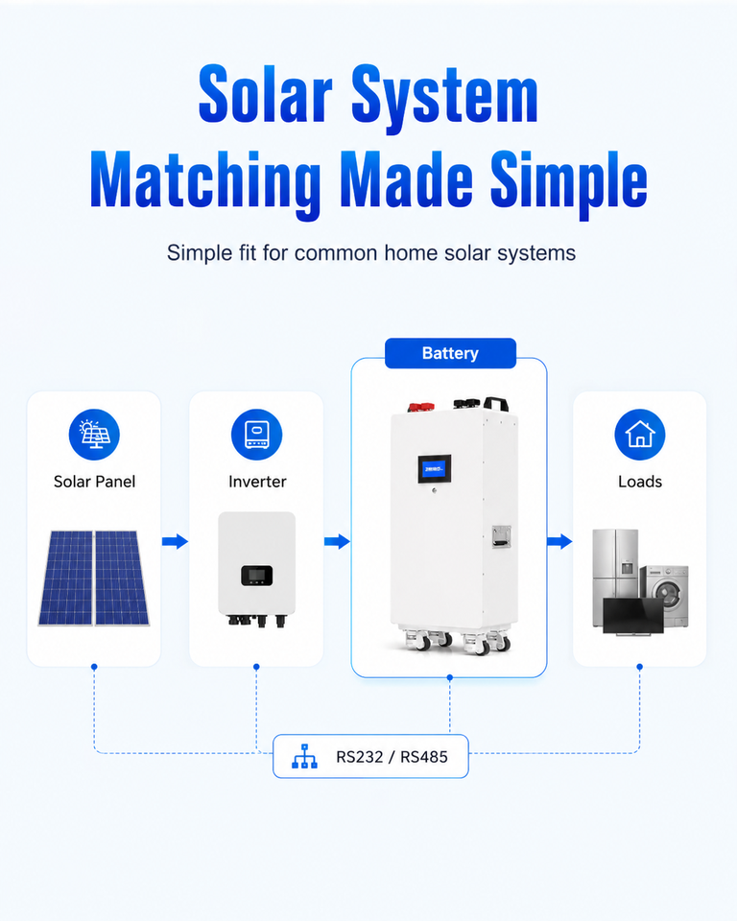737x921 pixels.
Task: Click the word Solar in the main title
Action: pyautogui.click(x=266, y=94)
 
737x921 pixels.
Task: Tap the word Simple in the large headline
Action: pyautogui.click(x=568, y=181)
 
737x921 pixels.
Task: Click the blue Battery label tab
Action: pyautogui.click(x=450, y=353)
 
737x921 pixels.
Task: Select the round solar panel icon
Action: pyautogui.click(x=94, y=435)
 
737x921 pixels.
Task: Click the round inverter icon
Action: pyautogui.click(x=257, y=435)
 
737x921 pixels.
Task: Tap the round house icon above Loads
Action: pyautogui.click(x=640, y=435)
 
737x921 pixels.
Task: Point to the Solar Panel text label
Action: pyautogui.click(x=94, y=482)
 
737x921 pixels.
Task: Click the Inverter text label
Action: pyautogui.click(x=257, y=482)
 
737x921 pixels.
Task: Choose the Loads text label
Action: pyautogui.click(x=640, y=482)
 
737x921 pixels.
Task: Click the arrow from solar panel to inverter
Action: pyautogui.click(x=176, y=541)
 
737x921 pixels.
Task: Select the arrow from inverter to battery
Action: pyautogui.click(x=338, y=541)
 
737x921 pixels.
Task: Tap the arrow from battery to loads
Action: pyautogui.click(x=559, y=541)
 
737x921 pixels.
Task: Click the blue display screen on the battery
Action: pyautogui.click(x=435, y=469)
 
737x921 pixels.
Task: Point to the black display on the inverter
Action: pyautogui.click(x=257, y=576)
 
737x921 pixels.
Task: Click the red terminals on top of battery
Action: pyautogui.click(x=421, y=407)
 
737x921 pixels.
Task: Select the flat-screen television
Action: pyautogui.click(x=633, y=617)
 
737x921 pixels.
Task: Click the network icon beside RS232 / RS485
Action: pyautogui.click(x=304, y=757)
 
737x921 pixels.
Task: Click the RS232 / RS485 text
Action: pyautogui.click(x=392, y=757)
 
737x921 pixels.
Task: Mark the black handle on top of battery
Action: pyautogui.click(x=495, y=404)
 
